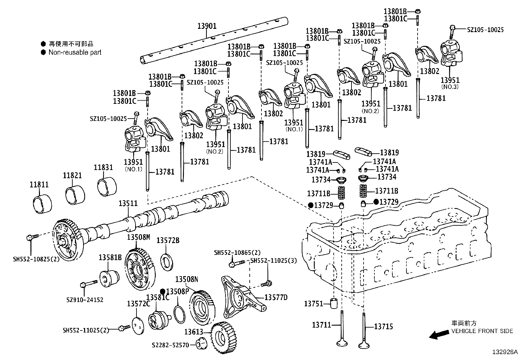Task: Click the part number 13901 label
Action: pos(207,26)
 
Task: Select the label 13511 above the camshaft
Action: pos(128,203)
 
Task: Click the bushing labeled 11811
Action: pos(42,203)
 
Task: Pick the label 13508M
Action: pos(139,237)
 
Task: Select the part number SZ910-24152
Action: pos(84,300)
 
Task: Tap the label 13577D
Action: pos(276,297)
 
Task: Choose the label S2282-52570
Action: pos(171,345)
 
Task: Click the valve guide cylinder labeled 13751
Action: pos(334,303)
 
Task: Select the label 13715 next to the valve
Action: pos(384,327)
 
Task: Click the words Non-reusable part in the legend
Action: pos(75,52)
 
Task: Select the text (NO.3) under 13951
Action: pos(450,87)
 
